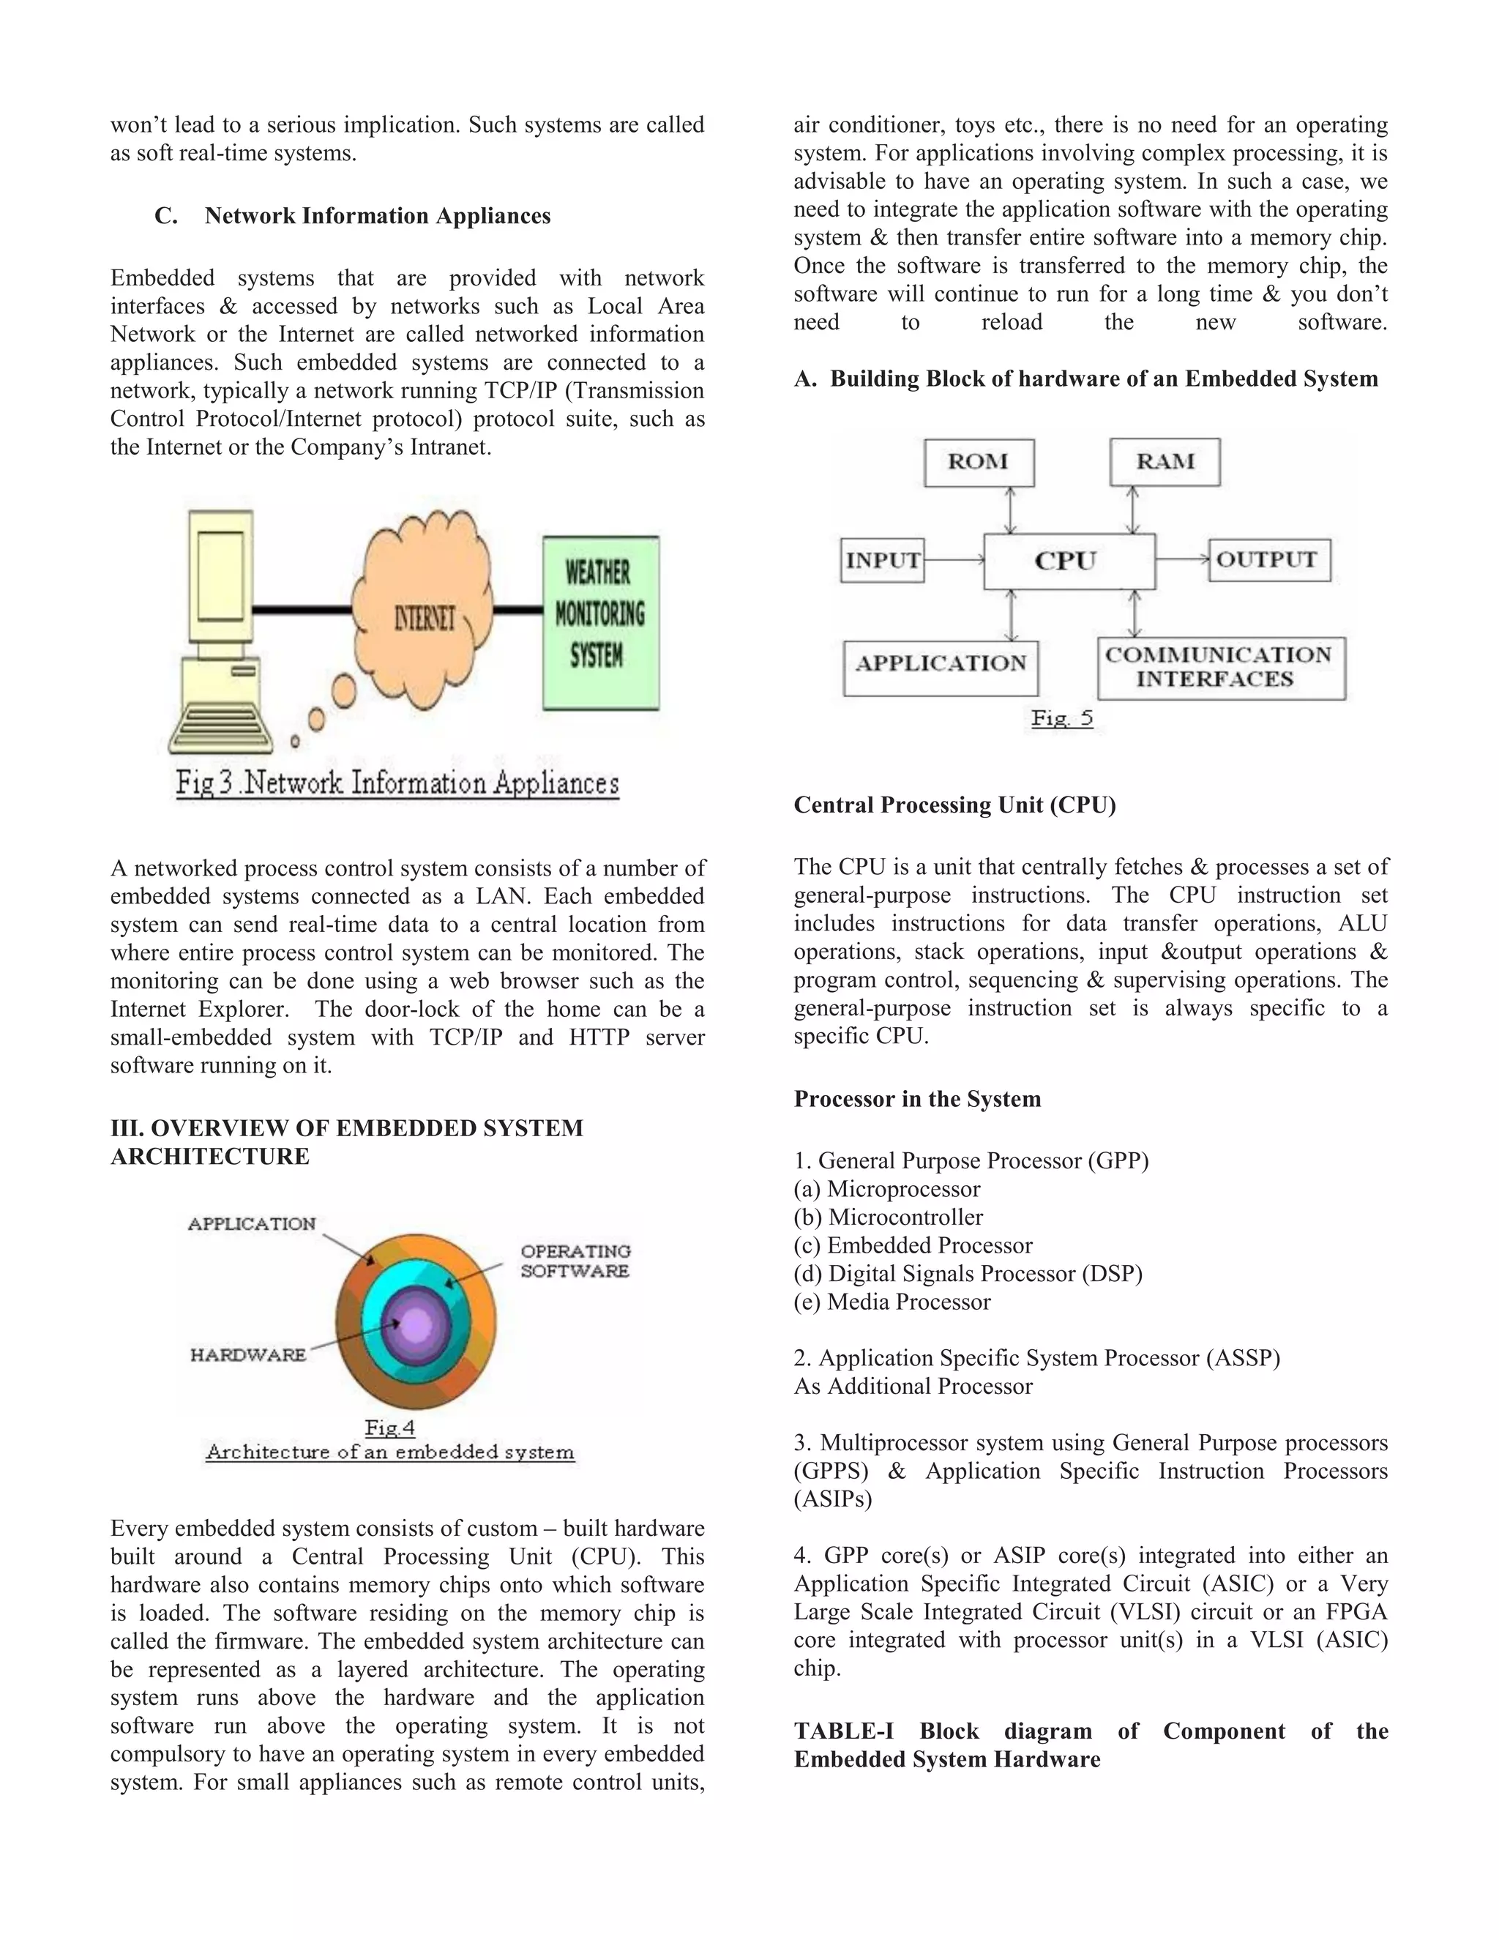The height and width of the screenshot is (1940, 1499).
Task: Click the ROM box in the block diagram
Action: coord(979,462)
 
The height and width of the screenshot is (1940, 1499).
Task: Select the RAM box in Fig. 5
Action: coord(1165,462)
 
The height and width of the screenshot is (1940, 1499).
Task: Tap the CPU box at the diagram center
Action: coord(1069,562)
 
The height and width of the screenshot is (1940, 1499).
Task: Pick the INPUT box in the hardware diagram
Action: coord(882,561)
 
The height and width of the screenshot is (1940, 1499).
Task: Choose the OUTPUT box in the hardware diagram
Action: coord(1269,559)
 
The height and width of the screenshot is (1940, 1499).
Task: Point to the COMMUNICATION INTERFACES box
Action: coord(1220,668)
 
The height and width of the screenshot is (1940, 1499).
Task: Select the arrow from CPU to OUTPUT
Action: coord(1182,559)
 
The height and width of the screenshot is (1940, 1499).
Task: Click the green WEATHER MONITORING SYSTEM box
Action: coord(600,622)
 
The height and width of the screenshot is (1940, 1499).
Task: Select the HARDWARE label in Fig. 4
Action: coord(248,1354)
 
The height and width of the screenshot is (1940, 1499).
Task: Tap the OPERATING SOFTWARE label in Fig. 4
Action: coord(575,1261)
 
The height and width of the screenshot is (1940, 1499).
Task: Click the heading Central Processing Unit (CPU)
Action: coord(954,805)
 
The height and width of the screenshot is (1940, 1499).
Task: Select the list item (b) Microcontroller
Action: coord(888,1217)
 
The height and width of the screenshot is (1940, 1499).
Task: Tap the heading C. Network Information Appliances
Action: coord(353,216)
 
